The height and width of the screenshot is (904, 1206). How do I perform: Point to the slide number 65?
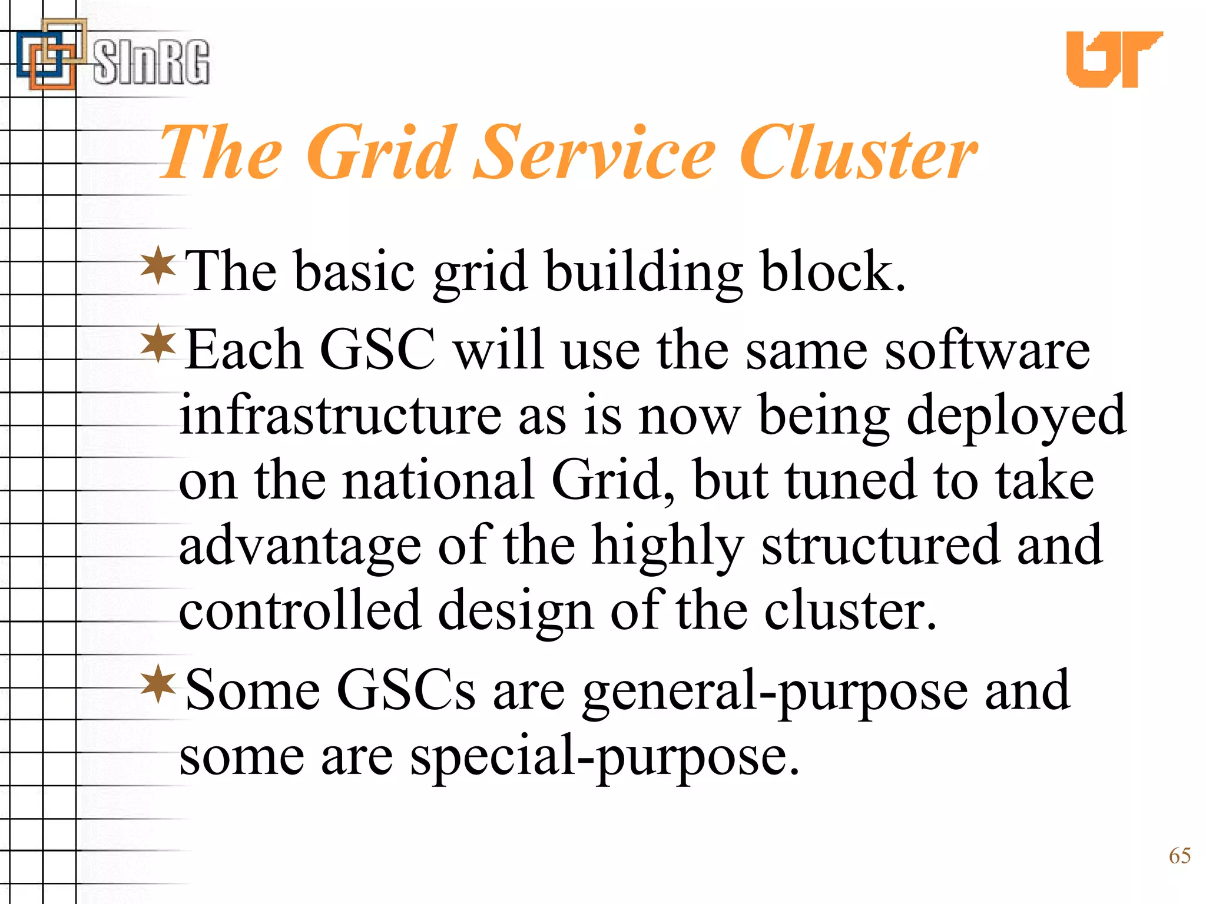[1180, 855]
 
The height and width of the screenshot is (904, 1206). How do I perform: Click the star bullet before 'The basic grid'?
[158, 266]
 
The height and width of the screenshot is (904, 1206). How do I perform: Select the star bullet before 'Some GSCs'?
[158, 684]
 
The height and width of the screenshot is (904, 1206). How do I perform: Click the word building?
[643, 272]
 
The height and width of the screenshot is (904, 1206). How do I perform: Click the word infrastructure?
[340, 415]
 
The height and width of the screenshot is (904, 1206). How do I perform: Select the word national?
[439, 480]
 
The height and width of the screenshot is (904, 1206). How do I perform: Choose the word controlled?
[300, 610]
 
